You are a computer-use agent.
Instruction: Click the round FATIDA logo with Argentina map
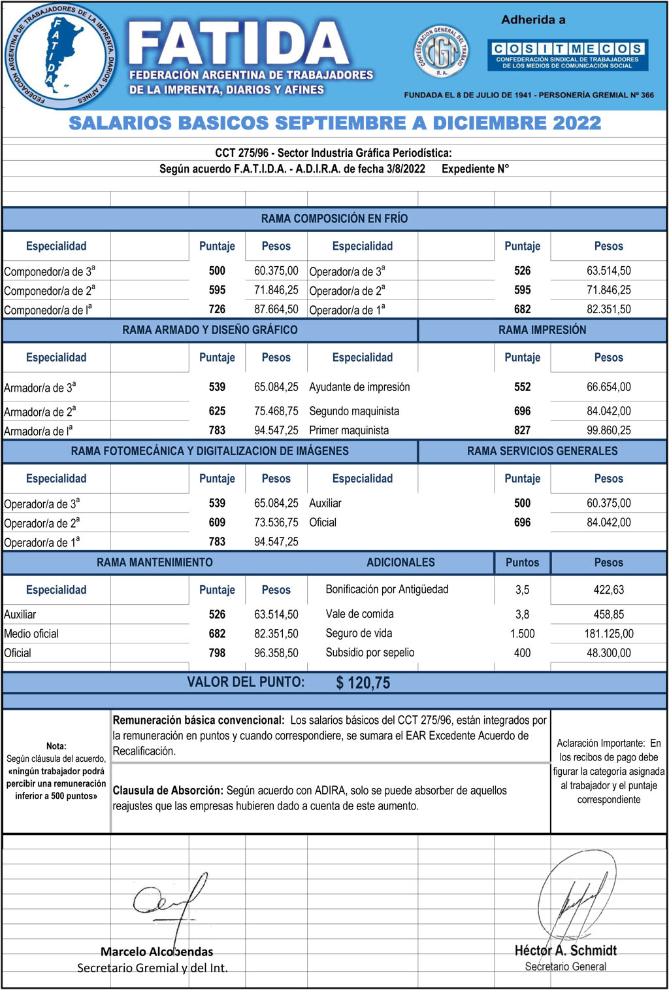(60, 56)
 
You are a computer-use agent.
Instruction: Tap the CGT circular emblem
(442, 52)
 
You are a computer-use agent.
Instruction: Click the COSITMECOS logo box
(567, 56)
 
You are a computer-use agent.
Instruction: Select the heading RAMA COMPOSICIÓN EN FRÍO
(334, 218)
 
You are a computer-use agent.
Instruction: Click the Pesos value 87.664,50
(276, 309)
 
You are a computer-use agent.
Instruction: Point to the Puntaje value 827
(522, 430)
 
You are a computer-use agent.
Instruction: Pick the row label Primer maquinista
(349, 430)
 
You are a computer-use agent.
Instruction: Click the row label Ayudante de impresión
(359, 387)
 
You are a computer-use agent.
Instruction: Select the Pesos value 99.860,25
(608, 430)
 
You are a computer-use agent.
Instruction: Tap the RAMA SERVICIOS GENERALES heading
(542, 451)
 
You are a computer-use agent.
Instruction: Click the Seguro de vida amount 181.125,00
(608, 634)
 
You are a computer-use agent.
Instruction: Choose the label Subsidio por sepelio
(370, 653)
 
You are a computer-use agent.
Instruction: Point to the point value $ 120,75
(363, 683)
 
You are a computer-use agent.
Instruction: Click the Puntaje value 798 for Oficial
(217, 653)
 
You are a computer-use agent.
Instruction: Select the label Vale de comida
(359, 614)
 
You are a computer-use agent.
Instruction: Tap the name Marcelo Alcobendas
(157, 951)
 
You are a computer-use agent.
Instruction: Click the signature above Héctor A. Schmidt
(575, 902)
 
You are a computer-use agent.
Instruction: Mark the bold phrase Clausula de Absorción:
(168, 791)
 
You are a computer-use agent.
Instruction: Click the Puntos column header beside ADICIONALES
(522, 562)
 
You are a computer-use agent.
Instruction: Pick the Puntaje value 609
(217, 522)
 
